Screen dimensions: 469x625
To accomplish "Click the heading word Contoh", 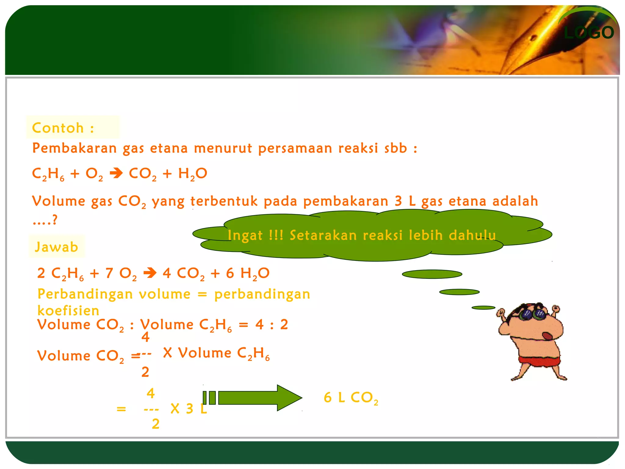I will tap(58, 128).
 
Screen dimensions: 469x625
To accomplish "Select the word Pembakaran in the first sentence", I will tap(74, 148).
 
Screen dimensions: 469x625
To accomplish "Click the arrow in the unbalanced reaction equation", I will tap(116, 174).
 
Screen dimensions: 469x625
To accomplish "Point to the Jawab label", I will tap(56, 247).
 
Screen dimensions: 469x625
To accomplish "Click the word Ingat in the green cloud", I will tap(245, 235).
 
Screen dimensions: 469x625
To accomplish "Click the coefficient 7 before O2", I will tap(109, 273).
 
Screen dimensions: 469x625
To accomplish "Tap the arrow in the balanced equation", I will tap(150, 273).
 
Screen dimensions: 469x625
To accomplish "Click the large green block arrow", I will tap(259, 398).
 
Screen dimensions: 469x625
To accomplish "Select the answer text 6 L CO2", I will tap(351, 398).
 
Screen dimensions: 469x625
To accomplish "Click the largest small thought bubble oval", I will tap(432, 274).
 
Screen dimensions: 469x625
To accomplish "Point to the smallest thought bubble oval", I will tap(483, 308).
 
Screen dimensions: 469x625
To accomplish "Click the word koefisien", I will tap(68, 311).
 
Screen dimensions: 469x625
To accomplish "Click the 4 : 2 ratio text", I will tap(272, 324).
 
